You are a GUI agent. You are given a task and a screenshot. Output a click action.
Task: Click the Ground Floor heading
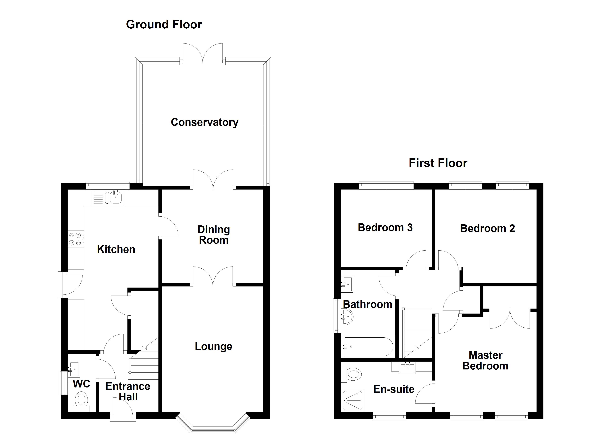coord(164,24)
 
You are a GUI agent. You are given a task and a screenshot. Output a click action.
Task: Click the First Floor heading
coord(438,163)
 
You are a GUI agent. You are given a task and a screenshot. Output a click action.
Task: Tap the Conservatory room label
coord(205,122)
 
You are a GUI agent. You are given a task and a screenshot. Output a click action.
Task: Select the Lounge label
coord(213,346)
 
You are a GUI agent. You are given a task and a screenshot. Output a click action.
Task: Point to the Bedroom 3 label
coord(385,227)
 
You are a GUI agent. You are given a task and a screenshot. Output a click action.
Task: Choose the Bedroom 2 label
coord(488,228)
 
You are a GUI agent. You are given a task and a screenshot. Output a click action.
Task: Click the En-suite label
coord(394,389)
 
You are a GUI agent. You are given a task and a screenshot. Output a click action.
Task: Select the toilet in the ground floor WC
coord(82,402)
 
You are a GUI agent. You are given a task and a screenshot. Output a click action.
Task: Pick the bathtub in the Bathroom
coord(368,346)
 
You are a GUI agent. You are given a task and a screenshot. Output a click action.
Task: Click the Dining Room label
coord(214,235)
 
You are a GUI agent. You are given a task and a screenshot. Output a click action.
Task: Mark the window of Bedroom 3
coord(386,186)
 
